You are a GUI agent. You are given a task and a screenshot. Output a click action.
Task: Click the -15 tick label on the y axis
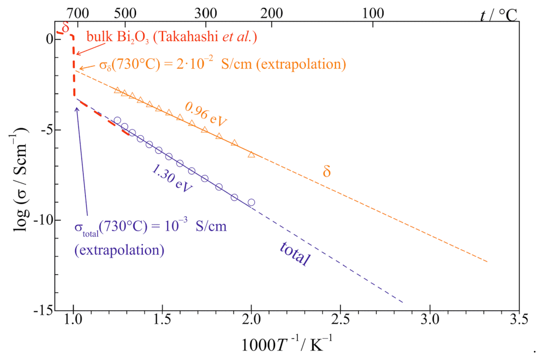coord(40,311)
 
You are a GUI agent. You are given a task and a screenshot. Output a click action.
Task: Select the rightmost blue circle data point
coord(251,202)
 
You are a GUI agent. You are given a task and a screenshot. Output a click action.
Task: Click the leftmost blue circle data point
coord(117,121)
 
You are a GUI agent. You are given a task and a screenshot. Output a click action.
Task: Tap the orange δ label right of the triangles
coord(326,171)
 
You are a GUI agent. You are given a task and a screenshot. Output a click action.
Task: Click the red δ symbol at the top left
coord(65,27)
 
